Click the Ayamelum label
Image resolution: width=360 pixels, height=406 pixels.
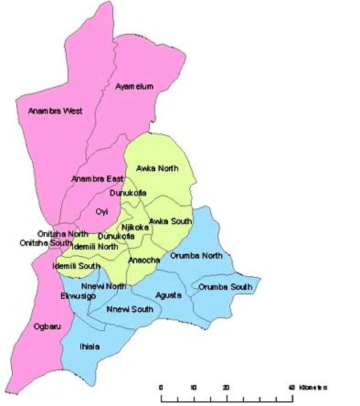pyautogui.click(x=134, y=86)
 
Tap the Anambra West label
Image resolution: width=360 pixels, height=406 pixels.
pyautogui.click(x=55, y=111)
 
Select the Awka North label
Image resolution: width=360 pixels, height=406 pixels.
pyautogui.click(x=157, y=168)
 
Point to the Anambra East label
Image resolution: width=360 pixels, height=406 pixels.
pyautogui.click(x=97, y=179)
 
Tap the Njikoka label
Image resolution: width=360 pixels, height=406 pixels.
pyautogui.click(x=135, y=227)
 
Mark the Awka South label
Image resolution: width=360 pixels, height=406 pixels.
pyautogui.click(x=171, y=222)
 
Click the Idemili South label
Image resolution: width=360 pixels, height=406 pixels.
pyautogui.click(x=76, y=266)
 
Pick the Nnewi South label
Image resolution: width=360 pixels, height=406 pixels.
pyautogui.click(x=130, y=309)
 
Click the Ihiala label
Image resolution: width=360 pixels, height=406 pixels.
pyautogui.click(x=90, y=347)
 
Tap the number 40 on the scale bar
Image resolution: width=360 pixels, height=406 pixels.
pyautogui.click(x=292, y=387)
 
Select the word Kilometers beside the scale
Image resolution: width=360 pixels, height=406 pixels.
pyautogui.click(x=313, y=387)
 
